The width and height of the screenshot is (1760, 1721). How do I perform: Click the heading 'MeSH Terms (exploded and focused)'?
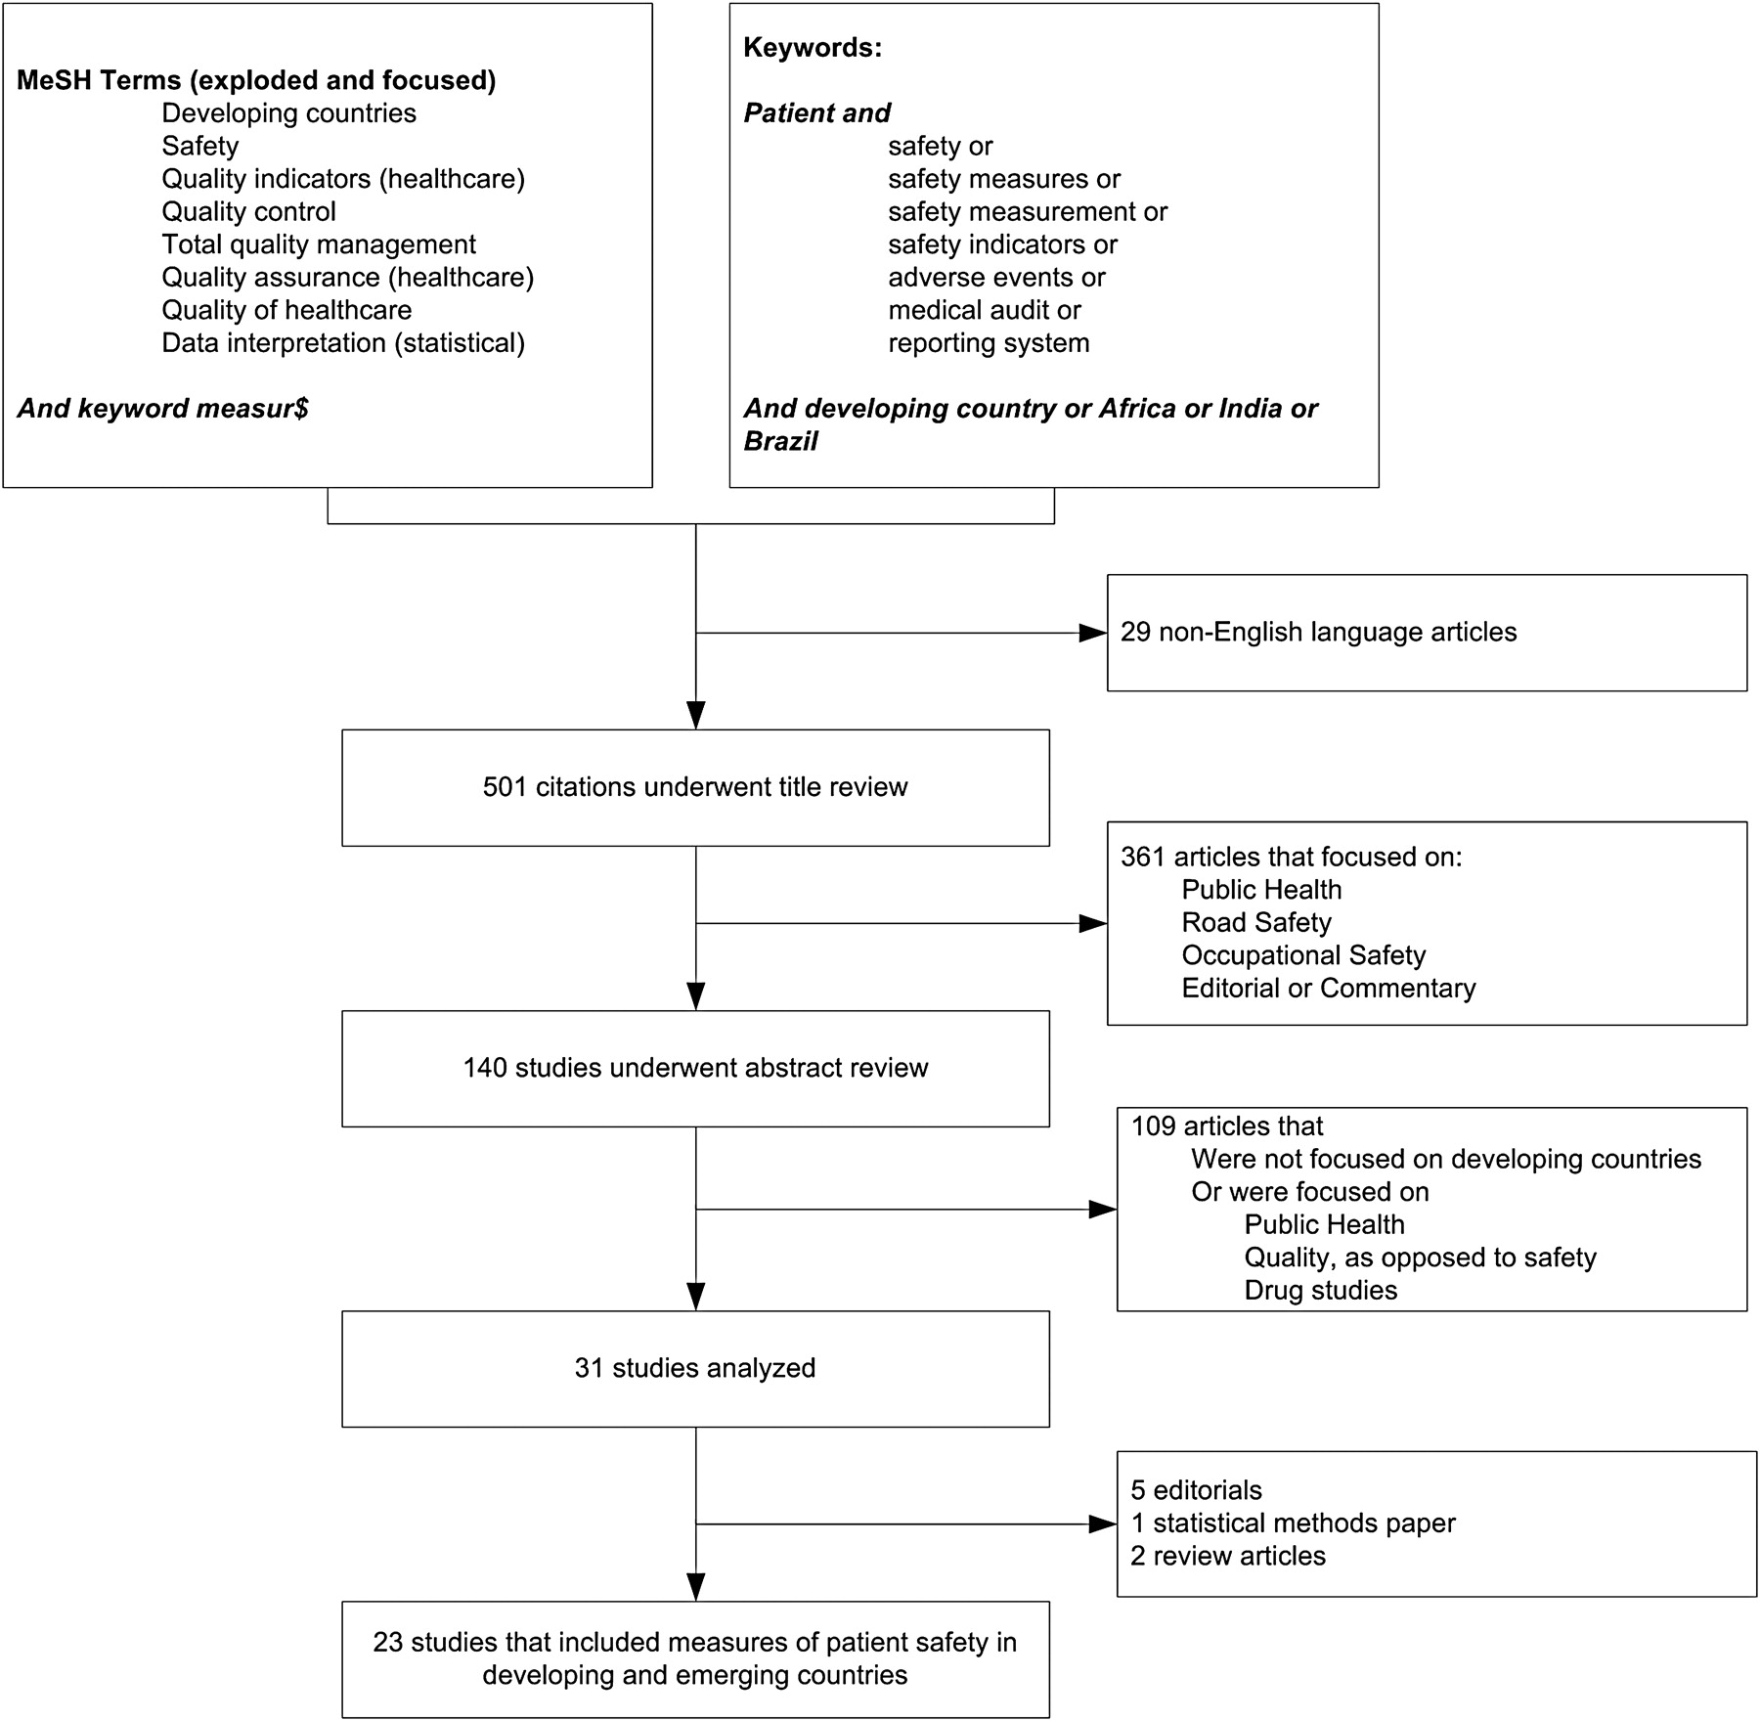click(x=256, y=80)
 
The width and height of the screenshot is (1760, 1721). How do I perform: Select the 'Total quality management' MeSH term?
click(x=319, y=244)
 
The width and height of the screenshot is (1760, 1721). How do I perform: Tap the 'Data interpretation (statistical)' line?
click(x=343, y=343)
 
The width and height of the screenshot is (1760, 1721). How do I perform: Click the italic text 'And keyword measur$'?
click(x=162, y=409)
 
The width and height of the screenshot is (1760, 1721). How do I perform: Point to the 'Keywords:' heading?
click(x=813, y=48)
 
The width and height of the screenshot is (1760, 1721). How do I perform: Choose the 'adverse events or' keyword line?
click(x=996, y=278)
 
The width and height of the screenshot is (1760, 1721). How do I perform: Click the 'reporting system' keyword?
click(x=989, y=343)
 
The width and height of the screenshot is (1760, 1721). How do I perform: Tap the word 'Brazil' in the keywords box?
click(x=780, y=441)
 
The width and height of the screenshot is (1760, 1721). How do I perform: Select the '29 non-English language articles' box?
click(x=1427, y=633)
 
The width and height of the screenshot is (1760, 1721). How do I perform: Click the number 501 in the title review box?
click(x=505, y=787)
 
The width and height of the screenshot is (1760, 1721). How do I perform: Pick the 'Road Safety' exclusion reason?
click(x=1256, y=922)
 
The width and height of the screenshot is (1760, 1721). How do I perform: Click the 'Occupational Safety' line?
click(x=1303, y=955)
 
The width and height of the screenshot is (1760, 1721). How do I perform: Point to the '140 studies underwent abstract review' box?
click(x=695, y=1068)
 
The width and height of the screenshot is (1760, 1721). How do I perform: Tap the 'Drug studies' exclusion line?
click(x=1321, y=1290)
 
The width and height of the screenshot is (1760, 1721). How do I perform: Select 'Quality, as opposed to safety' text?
click(x=1420, y=1258)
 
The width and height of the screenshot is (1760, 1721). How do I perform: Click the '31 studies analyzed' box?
click(x=695, y=1368)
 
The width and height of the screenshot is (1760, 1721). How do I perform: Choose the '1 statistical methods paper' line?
click(x=1293, y=1522)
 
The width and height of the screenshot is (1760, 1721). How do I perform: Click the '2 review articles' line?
click(x=1228, y=1556)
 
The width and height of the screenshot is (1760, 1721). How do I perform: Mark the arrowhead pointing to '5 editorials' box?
click(x=1103, y=1523)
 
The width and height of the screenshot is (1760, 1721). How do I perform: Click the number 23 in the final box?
click(x=388, y=1642)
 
